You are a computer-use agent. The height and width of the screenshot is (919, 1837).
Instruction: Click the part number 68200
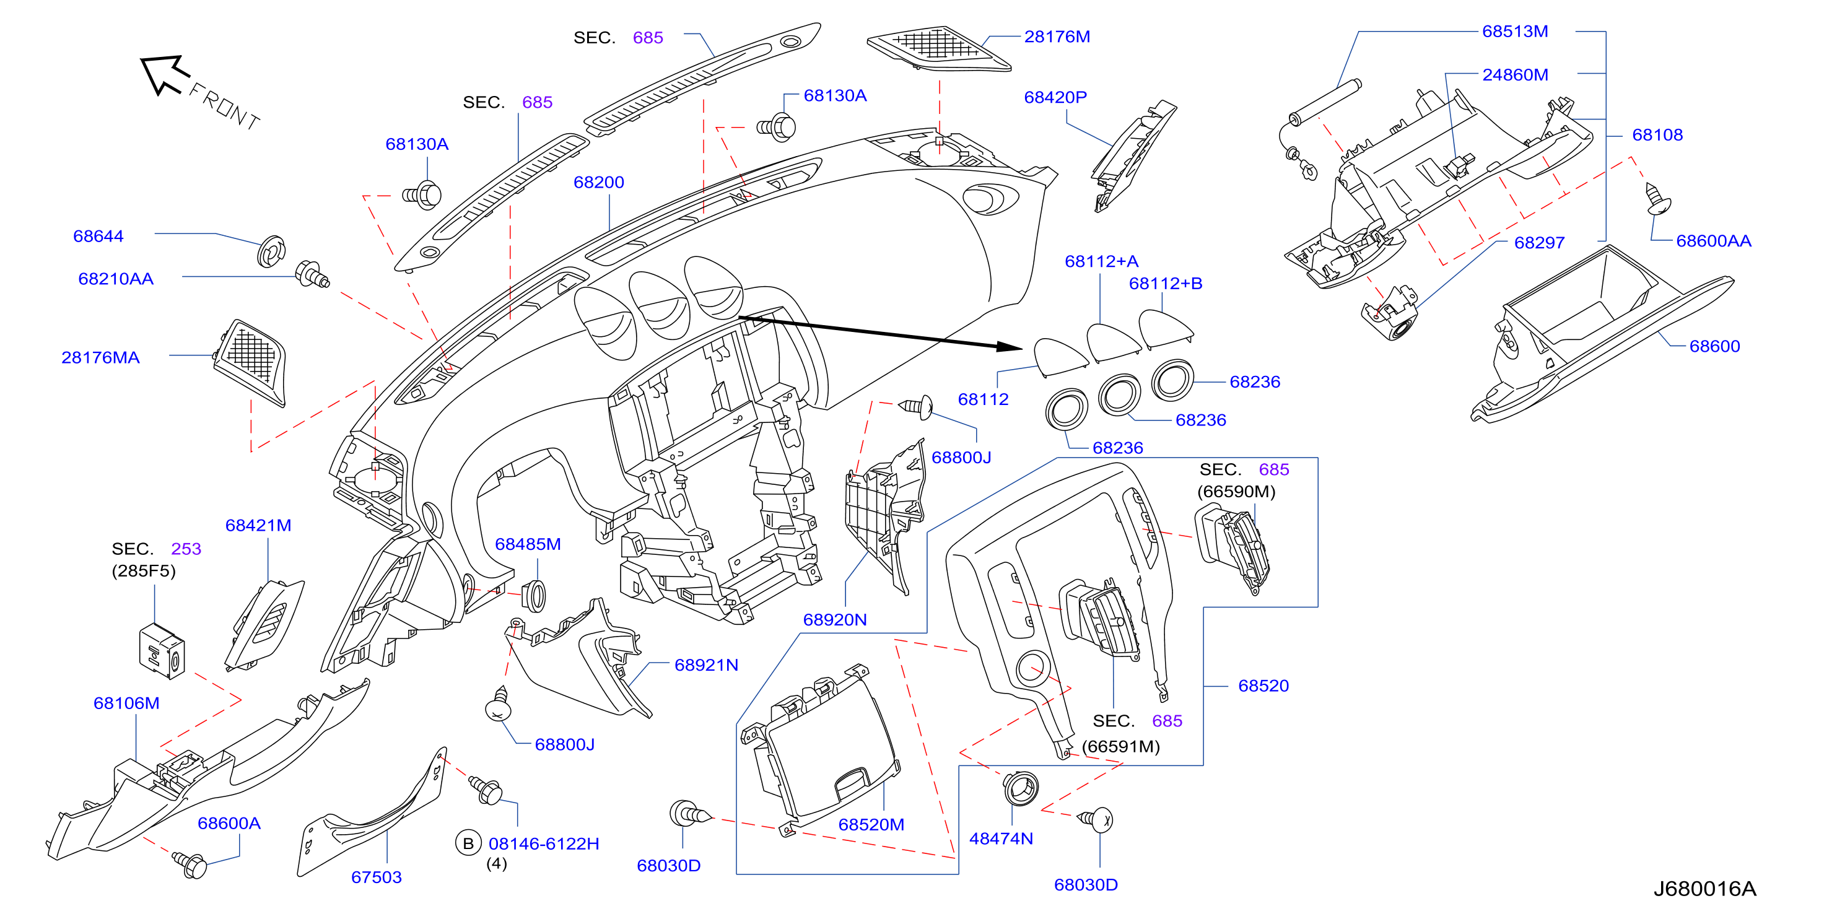pos(598,183)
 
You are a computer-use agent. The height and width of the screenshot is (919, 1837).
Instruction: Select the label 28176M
pos(1057,37)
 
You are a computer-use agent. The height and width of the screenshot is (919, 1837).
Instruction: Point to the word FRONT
pos(224,107)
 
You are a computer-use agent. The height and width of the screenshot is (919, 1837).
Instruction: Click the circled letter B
pos(468,843)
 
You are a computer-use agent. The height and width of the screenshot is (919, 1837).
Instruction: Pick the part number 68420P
pos(1055,97)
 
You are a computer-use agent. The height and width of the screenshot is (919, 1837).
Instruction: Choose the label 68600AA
pos(1714,241)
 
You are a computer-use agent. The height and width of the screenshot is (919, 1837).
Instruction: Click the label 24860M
pos(1516,75)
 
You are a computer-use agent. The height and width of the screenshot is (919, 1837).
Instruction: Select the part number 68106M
pos(126,703)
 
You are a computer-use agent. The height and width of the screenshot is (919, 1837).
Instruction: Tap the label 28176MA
pos(100,358)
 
